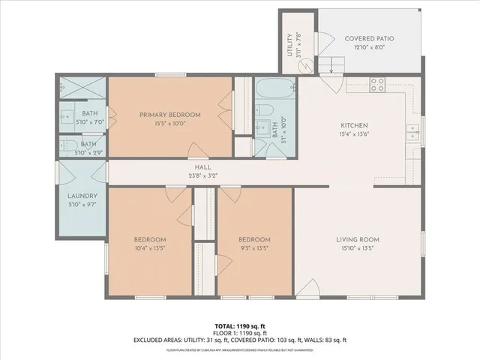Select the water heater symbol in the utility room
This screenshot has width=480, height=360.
[307, 65]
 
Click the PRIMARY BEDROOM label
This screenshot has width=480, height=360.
[170, 115]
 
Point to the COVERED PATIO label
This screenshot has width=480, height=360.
[369, 38]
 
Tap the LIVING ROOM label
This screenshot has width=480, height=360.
[358, 240]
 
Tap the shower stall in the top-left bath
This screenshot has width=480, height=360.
[82, 88]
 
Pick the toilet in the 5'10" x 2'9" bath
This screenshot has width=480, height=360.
[67, 145]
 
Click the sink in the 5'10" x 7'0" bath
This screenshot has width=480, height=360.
[67, 117]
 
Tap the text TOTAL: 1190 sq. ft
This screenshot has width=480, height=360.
[240, 326]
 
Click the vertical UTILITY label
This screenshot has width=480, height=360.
[290, 46]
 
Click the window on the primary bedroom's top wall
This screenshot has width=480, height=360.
[166, 75]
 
